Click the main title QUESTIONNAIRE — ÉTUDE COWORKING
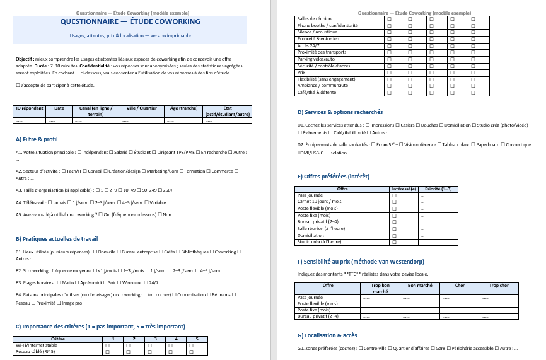[131, 21]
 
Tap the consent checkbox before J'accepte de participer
[17, 85]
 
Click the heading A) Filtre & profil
[37, 139]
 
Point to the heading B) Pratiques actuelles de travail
[56, 239]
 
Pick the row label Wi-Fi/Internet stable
[36, 345]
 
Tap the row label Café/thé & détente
[317, 93]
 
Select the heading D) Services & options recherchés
[340, 112]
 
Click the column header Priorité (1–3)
[438, 189]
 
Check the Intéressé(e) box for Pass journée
[394, 195]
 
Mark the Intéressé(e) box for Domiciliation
[394, 235]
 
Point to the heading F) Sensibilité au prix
[360, 262]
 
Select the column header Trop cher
[499, 286]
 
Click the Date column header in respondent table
[59, 108]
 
